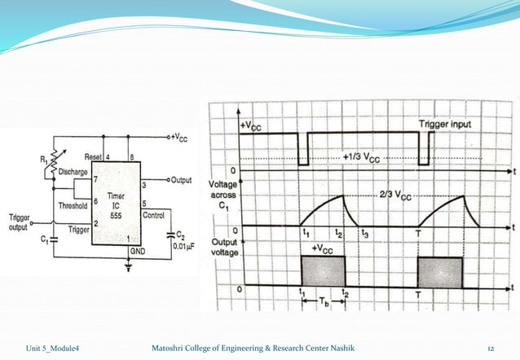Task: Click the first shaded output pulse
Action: coord(323,270)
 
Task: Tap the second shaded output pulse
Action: coord(439,270)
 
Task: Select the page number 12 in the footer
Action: coord(490,349)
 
